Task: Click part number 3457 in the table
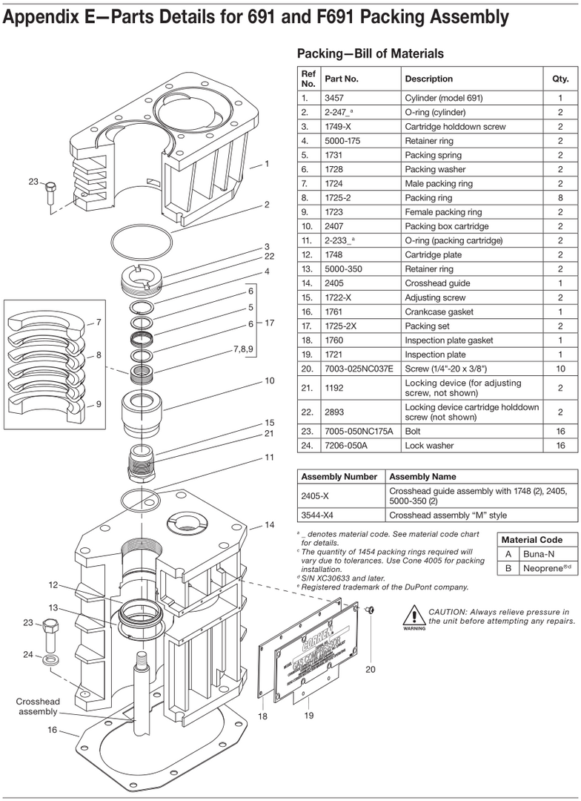pos(333,98)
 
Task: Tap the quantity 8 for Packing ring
pos(560,198)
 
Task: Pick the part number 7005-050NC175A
pos(359,432)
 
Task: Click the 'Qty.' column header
pos(560,79)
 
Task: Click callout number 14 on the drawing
pos(270,525)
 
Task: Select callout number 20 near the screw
pos(371,669)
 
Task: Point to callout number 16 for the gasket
pos(53,730)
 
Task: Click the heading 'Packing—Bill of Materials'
pos(370,53)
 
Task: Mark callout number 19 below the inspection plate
pos(310,716)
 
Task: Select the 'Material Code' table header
pos(531,540)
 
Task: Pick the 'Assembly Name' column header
pos(422,477)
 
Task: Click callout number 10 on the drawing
pos(270,382)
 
